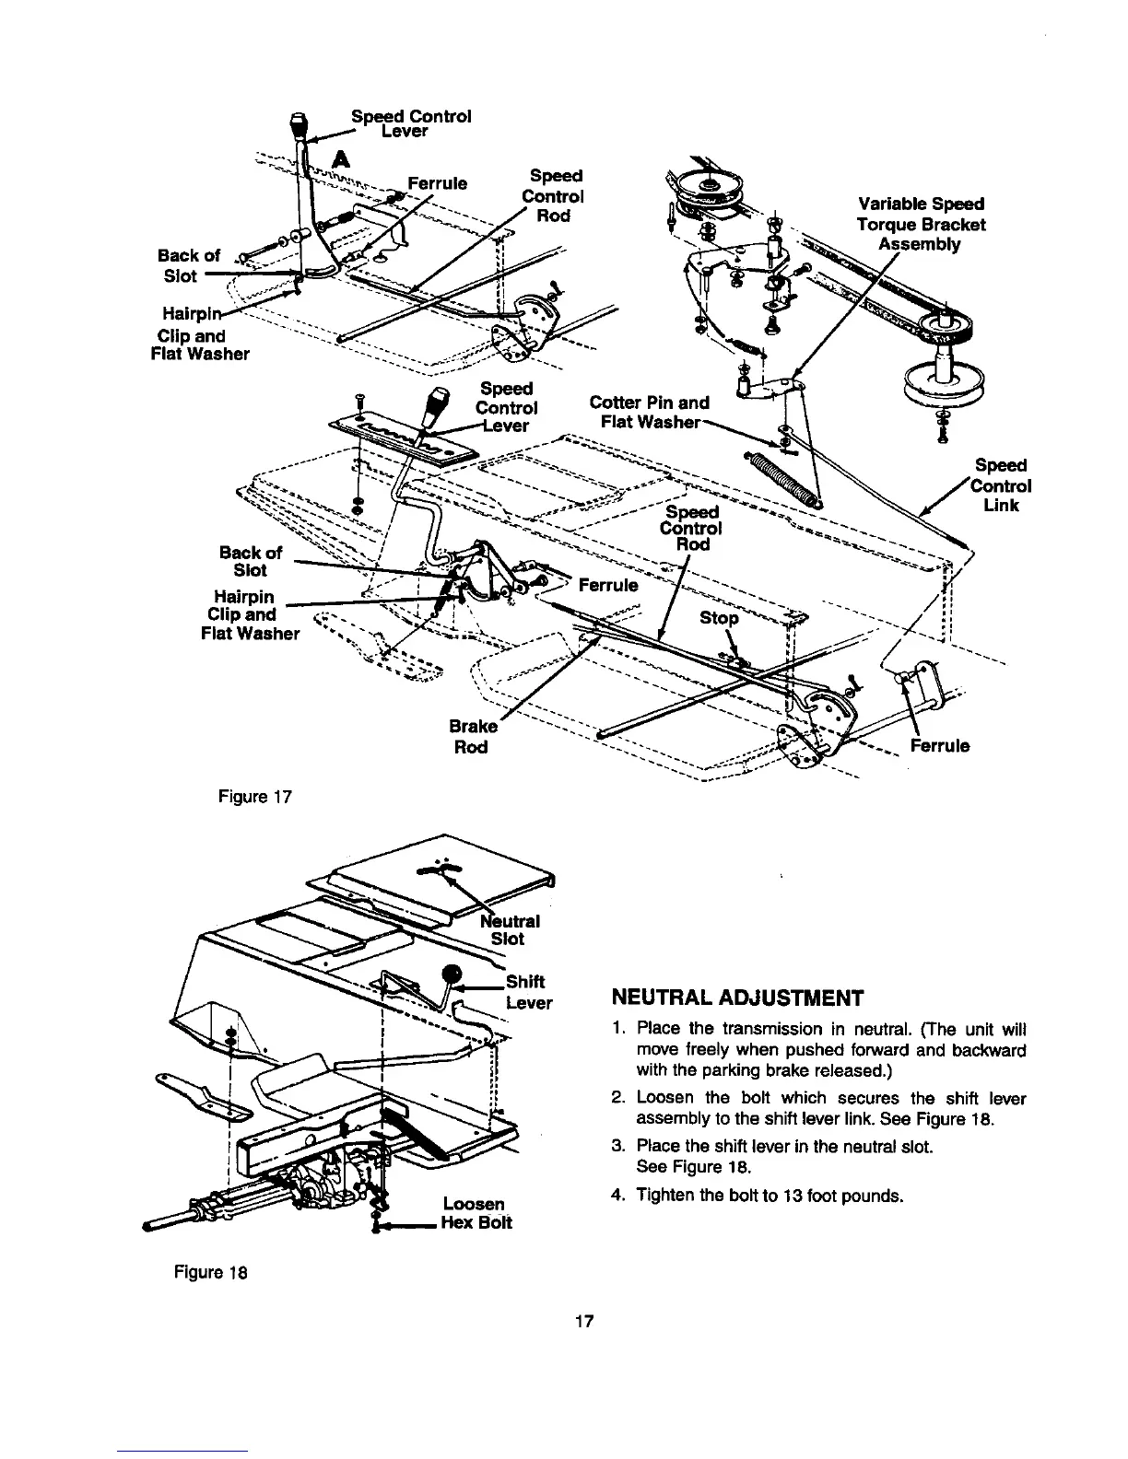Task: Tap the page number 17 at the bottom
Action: click(x=582, y=1322)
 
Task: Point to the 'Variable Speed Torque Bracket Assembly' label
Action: click(x=921, y=224)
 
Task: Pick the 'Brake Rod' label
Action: click(x=470, y=735)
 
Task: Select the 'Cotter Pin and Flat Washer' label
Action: click(x=649, y=412)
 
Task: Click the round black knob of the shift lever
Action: click(x=452, y=975)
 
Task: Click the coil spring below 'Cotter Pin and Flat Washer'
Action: click(x=784, y=478)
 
